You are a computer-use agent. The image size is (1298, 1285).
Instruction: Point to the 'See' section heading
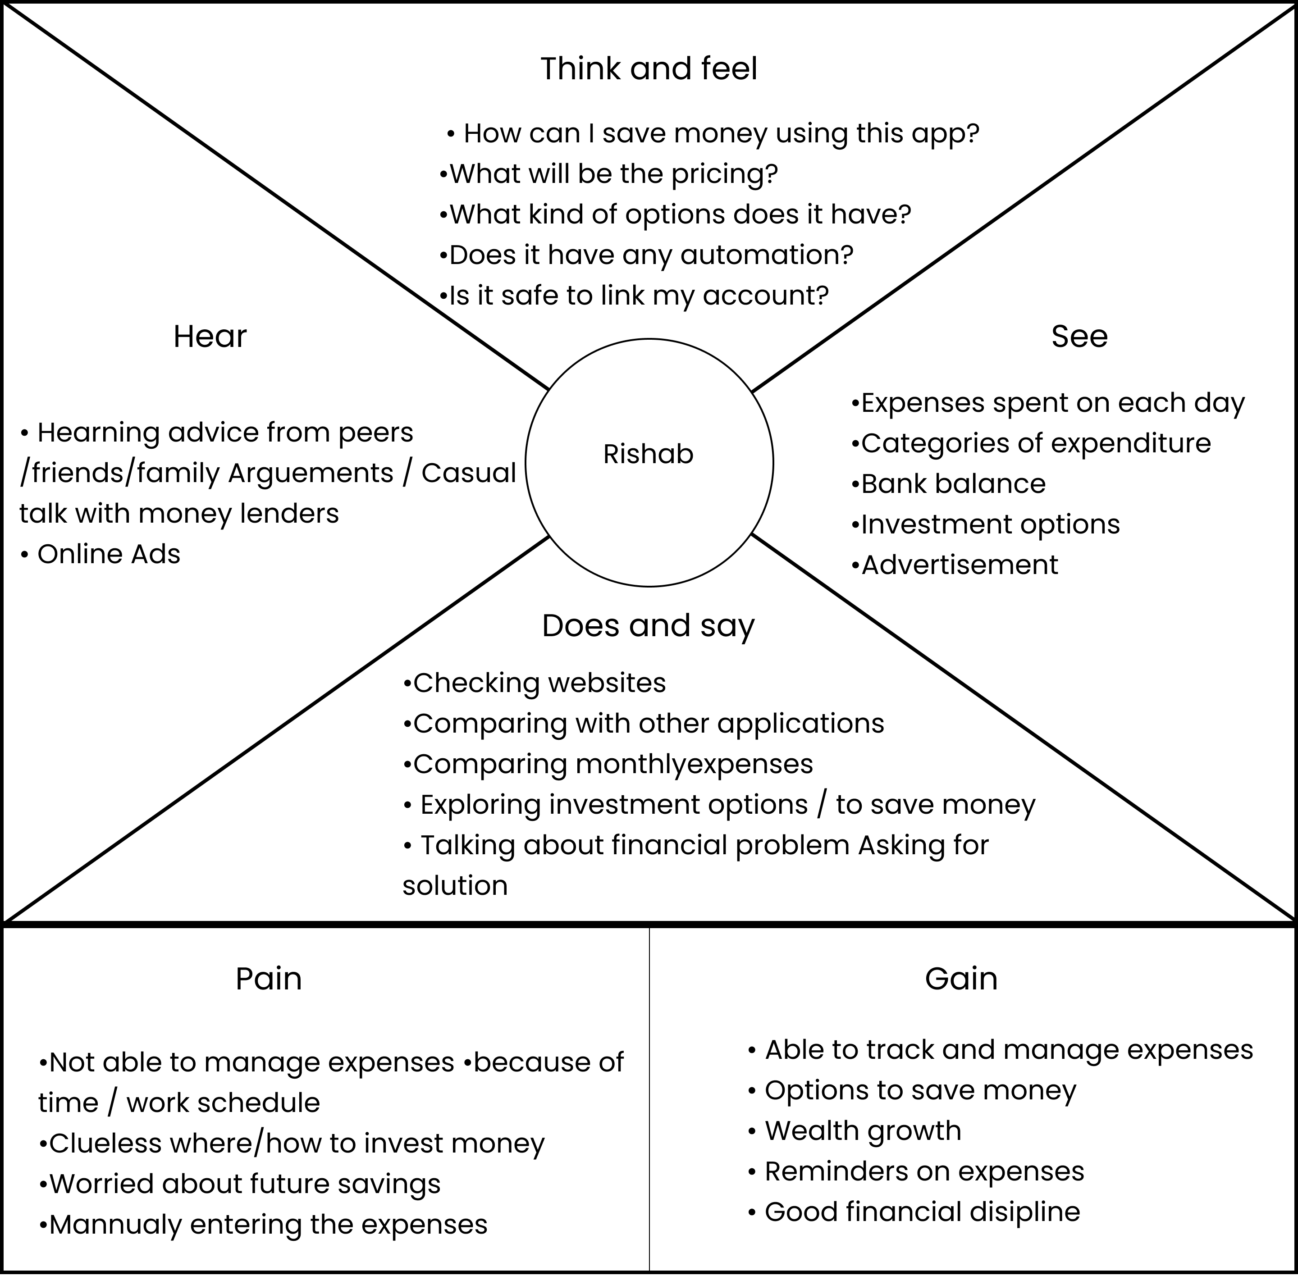click(1079, 337)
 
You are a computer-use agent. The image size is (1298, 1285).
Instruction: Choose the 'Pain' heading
click(268, 980)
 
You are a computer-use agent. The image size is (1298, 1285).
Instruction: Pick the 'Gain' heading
click(961, 980)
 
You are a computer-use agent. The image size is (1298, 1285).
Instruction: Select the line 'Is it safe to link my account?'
click(634, 296)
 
